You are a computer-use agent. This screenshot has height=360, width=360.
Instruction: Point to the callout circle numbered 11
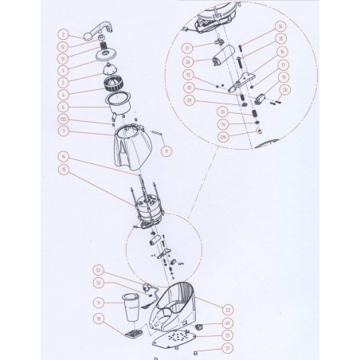166,149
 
